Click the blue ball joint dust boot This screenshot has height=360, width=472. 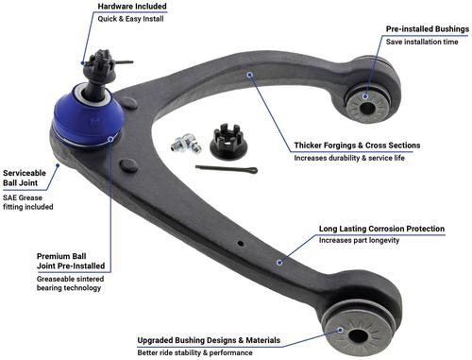click(88, 116)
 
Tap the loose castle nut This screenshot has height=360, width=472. click(228, 142)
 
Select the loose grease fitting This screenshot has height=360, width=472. click(186, 144)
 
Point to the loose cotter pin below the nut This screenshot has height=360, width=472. click(227, 169)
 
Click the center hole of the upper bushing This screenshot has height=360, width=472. click(367, 109)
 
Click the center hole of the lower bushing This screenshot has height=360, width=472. click(359, 336)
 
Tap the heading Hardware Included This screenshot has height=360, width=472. click(132, 7)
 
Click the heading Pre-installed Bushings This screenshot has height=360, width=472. click(428, 29)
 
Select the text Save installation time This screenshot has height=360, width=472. click(422, 42)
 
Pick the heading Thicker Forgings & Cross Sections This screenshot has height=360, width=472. click(357, 146)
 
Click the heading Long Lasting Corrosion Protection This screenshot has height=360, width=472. click(381, 229)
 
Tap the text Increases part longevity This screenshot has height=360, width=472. click(359, 240)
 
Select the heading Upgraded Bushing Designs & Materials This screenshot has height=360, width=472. click(209, 340)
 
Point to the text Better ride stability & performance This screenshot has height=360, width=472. click(194, 352)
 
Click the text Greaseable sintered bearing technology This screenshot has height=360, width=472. click(70, 283)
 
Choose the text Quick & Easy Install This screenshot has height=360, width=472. click(130, 19)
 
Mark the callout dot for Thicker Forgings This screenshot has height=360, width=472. click(250, 75)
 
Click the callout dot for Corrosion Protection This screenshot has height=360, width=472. click(279, 263)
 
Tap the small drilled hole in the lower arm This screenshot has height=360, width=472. click(241, 243)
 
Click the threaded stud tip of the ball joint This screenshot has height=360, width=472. click(102, 54)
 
